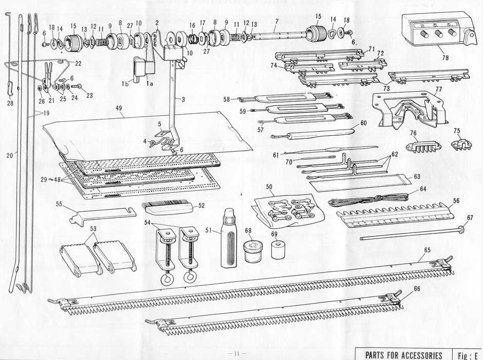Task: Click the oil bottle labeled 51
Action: point(229,238)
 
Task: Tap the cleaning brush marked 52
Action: point(168,208)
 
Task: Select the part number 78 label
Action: point(445,58)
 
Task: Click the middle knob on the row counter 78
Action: point(439,33)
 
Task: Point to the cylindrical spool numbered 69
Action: point(278,249)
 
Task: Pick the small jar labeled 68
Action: point(253,251)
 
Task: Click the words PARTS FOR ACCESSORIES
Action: point(403,355)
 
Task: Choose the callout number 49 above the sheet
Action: point(119,108)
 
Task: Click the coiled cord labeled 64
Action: point(370,200)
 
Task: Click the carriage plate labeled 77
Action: point(409,110)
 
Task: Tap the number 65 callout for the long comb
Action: point(427,250)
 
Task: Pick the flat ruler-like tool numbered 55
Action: point(103,215)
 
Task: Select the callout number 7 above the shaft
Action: point(277,21)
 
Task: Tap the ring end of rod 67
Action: point(462,230)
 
